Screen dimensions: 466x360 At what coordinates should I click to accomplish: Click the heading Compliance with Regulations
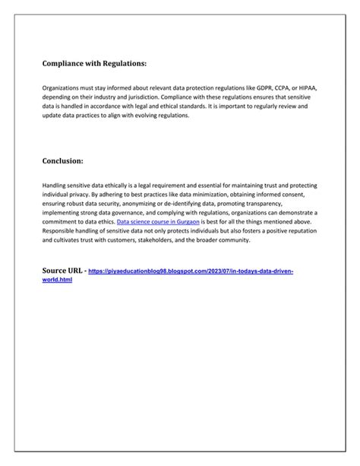[94, 65]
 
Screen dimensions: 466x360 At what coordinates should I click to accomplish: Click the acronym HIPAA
[310, 88]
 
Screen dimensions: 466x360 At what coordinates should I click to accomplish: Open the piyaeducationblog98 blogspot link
[191, 271]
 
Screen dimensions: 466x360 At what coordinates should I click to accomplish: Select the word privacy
[80, 195]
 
